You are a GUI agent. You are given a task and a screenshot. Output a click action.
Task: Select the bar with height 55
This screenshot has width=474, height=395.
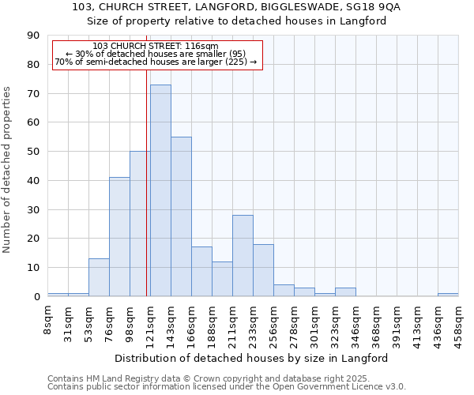tap(181, 216)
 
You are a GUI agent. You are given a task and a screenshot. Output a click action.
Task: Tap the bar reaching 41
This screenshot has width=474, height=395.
tap(119, 237)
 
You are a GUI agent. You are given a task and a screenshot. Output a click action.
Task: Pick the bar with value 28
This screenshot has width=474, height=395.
tap(243, 256)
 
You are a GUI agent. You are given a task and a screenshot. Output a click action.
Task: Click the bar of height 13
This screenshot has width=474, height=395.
tap(99, 277)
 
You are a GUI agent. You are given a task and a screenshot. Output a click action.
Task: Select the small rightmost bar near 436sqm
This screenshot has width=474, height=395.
tap(448, 295)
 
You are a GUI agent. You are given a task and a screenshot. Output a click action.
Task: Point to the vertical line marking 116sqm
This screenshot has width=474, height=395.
tap(147, 182)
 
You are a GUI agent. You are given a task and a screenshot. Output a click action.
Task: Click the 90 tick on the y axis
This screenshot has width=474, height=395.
tap(33, 36)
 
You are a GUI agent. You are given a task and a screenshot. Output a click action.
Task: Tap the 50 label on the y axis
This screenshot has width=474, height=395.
tap(33, 152)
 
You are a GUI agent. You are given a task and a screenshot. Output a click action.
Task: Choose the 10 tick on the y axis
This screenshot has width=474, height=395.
tap(33, 268)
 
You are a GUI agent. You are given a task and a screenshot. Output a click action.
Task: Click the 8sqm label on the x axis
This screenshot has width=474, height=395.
tap(48, 321)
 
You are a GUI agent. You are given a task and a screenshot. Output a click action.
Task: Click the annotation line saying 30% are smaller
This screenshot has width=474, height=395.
tap(156, 54)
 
